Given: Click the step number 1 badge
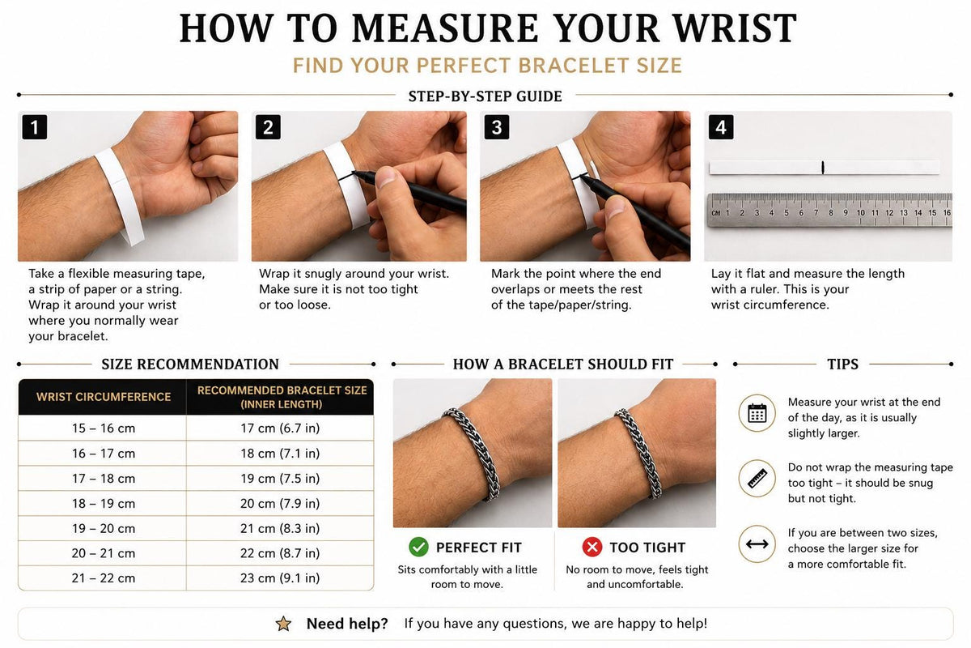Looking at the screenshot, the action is coord(35,127).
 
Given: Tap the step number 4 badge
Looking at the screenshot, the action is coord(721,127).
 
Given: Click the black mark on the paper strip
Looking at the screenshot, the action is coord(823,168).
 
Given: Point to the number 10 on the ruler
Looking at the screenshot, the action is coord(860,213).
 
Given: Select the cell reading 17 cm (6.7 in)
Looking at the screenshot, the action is coord(280,428).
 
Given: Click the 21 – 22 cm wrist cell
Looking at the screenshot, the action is coord(104,578).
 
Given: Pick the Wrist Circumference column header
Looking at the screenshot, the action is coord(104,397).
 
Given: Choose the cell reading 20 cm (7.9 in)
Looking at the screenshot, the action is coord(280,504).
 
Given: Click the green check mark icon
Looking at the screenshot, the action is coord(418,547).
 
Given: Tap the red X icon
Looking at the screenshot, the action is coord(592,547).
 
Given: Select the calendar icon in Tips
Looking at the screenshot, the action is coord(757,413).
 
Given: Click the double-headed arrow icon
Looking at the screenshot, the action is coord(757,544).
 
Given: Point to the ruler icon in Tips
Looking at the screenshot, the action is coord(757,478).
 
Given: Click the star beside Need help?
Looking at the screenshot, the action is coord(283,624).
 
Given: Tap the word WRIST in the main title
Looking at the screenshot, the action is coord(736,28).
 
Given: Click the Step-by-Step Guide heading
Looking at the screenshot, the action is coord(485,96).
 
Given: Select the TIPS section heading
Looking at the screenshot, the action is coord(842,364).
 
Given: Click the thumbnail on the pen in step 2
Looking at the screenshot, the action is coord(386,177).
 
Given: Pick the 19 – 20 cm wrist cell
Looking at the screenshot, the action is coord(104,528).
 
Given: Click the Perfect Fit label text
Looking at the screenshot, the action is coord(478,548).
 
